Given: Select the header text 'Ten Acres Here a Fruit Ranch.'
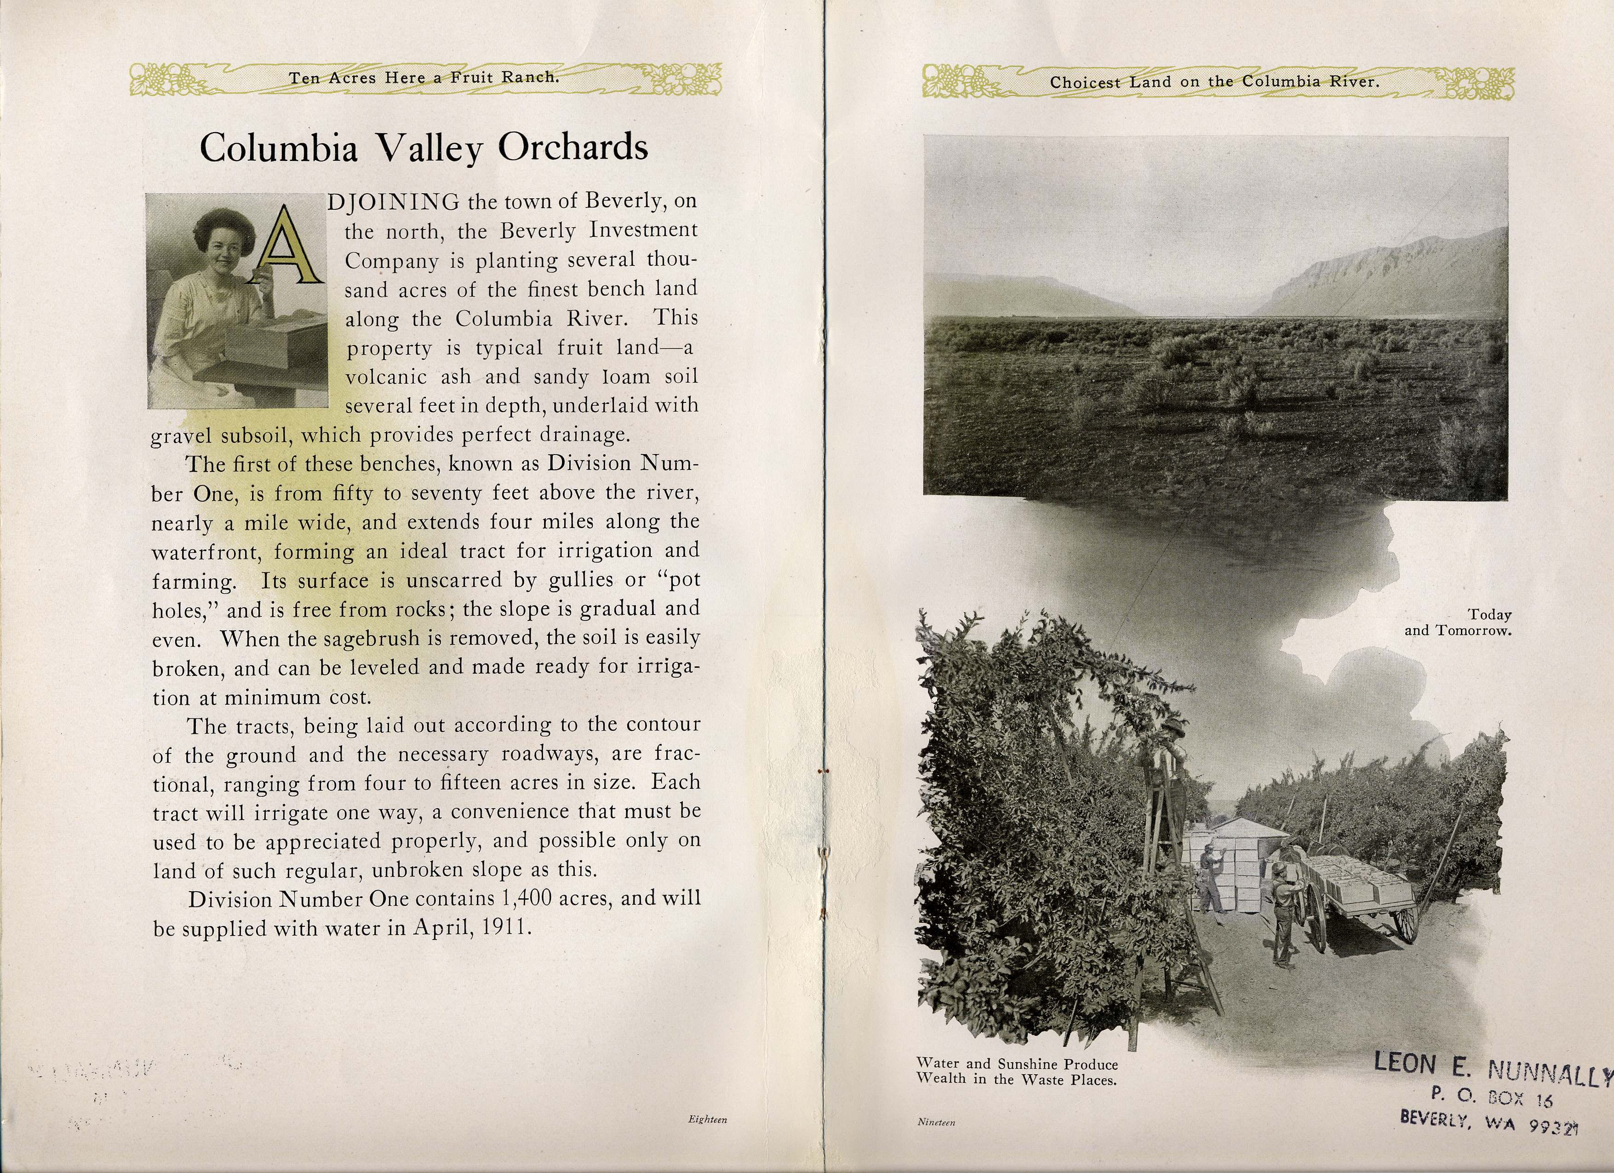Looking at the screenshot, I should point(424,78).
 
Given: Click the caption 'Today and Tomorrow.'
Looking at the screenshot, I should point(1459,623).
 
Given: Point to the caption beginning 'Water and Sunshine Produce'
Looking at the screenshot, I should point(1017,1072).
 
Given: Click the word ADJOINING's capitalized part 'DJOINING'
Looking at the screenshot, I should point(394,202).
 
